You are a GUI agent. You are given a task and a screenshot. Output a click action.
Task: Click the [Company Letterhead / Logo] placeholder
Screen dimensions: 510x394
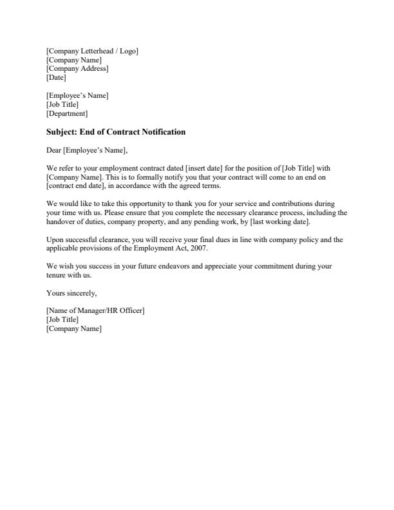pos(92,51)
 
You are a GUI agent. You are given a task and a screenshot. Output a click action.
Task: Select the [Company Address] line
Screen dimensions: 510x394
pos(77,69)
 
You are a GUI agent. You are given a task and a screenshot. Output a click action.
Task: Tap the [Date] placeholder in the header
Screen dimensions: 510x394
pos(56,78)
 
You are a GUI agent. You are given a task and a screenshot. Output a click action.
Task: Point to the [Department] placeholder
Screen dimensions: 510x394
pos(67,114)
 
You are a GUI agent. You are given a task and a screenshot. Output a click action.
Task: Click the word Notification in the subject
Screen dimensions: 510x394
pos(161,132)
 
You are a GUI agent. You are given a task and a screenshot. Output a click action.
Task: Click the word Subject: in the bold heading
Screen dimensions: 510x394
pos(62,132)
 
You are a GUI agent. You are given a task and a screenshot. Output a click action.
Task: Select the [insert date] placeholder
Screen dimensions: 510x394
pos(203,168)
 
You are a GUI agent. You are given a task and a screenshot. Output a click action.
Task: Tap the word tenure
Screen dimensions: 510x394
pos(56,275)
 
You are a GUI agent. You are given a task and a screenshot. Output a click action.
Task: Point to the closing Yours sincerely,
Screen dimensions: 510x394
pos(71,293)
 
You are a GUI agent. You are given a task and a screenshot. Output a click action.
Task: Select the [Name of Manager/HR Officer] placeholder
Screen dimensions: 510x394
pos(95,311)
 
